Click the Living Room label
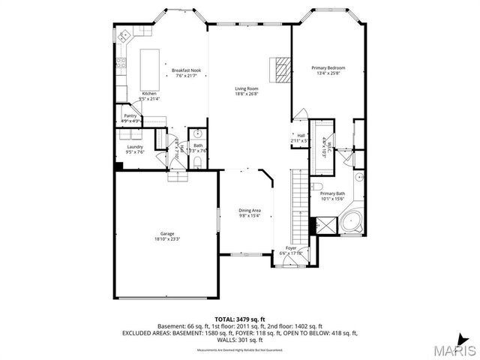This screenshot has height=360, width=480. (x=247, y=91)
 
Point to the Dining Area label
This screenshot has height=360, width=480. (x=250, y=212)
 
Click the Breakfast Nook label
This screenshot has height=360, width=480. (x=187, y=73)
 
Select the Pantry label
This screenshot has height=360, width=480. (x=130, y=118)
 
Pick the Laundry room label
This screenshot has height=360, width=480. (x=135, y=148)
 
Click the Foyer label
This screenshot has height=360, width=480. (x=291, y=250)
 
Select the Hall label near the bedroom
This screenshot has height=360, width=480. (x=301, y=137)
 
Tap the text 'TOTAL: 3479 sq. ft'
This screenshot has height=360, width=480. (x=239, y=319)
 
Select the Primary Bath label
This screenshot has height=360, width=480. (x=332, y=196)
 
